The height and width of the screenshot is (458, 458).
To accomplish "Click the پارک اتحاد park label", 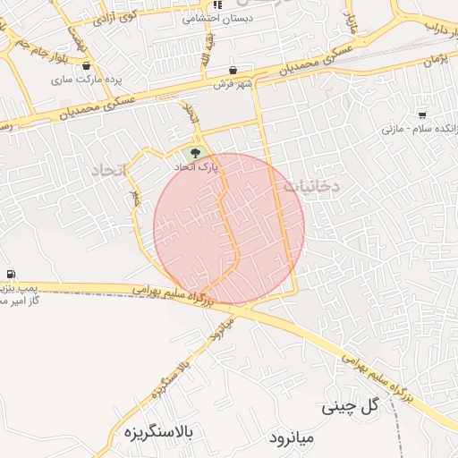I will point(197,165).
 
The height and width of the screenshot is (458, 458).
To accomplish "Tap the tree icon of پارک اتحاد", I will point(196,152).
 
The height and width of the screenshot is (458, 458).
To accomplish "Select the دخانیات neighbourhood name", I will point(310,187).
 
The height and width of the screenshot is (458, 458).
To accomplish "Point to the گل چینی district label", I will point(351,406).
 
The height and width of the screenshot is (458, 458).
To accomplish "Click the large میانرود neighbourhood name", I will point(293,438).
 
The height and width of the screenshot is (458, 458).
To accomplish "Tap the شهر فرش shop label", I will point(234,84).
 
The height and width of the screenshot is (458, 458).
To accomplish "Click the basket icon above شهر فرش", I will point(233,71).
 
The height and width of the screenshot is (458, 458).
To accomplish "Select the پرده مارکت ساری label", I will point(86,79).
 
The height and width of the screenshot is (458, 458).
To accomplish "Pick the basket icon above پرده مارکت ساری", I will point(86,65).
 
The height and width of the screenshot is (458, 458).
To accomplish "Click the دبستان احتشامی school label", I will point(217,17).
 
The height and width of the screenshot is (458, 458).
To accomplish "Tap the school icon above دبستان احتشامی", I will point(216,4).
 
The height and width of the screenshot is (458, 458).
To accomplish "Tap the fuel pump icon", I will point(10,274).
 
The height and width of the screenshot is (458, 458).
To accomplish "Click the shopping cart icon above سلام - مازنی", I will point(422,115).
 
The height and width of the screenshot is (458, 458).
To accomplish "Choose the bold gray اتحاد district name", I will point(111,169).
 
